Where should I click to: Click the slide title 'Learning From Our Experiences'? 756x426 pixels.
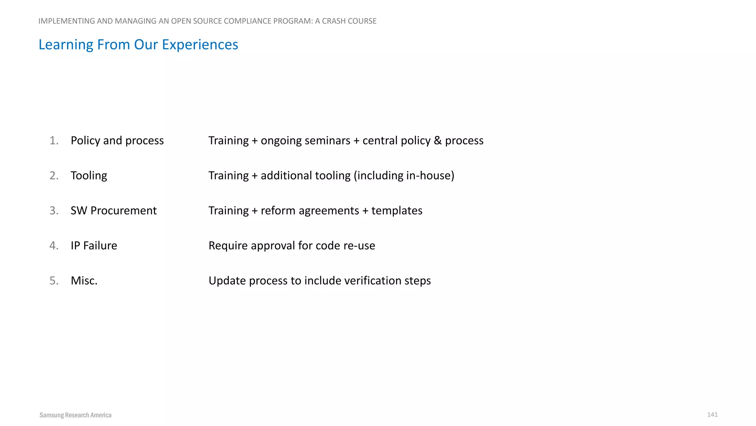click(x=138, y=45)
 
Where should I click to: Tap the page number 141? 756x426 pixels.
click(x=712, y=415)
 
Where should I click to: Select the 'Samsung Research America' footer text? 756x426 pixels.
click(x=75, y=415)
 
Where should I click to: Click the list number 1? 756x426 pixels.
click(x=54, y=141)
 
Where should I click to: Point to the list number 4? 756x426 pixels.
click(x=54, y=246)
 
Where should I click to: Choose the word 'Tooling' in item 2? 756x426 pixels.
click(x=89, y=176)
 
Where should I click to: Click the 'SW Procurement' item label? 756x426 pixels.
click(x=113, y=210)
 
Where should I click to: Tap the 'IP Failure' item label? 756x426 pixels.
click(x=94, y=246)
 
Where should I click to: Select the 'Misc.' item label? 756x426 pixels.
click(x=84, y=281)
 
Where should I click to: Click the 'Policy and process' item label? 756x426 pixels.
click(x=117, y=141)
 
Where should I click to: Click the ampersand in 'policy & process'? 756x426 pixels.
click(x=437, y=141)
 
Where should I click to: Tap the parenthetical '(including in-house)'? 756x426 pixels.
click(x=404, y=176)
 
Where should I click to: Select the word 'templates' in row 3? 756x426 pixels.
click(x=396, y=210)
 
